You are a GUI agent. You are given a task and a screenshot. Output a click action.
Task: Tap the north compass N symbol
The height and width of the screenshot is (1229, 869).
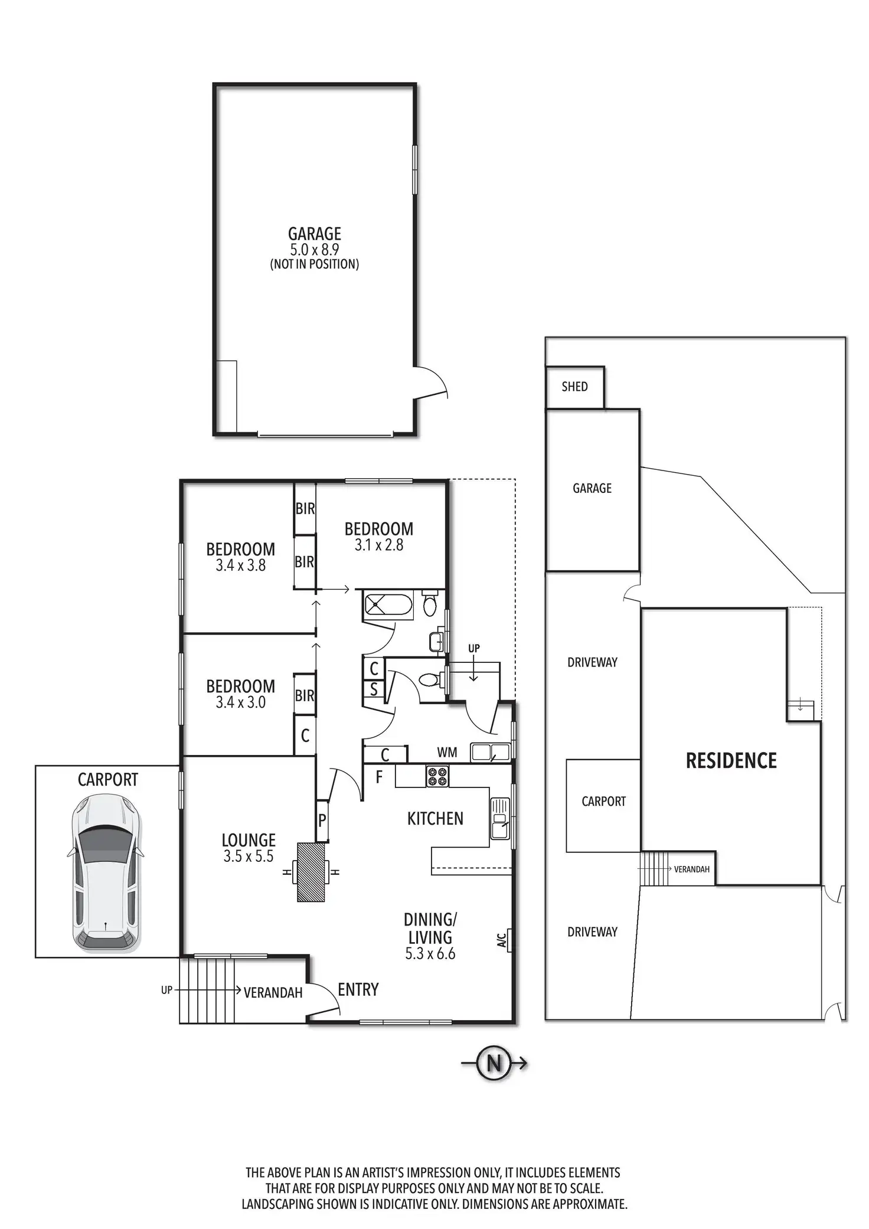494,1063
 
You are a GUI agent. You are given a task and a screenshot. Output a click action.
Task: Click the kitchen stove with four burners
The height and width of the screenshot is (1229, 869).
437,776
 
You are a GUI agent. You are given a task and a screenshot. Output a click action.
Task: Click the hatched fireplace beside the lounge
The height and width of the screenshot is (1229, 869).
311,872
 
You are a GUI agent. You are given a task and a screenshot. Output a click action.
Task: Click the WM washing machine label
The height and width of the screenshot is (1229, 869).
447,752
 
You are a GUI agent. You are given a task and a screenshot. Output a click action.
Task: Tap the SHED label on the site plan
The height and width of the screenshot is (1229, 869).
574,387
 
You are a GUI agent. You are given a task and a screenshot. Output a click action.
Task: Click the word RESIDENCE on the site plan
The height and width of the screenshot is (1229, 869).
731,761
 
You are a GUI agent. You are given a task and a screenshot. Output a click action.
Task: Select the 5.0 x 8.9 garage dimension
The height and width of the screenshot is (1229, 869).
314,250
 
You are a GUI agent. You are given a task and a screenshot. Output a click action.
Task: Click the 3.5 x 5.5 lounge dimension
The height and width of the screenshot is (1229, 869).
248,857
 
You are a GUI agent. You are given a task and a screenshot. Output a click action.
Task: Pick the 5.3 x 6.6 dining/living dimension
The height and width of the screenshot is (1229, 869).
430,953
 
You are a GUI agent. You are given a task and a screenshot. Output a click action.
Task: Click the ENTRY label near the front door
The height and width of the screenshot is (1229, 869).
358,989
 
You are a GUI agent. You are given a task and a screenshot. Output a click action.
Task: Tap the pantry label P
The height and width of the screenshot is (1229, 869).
322,820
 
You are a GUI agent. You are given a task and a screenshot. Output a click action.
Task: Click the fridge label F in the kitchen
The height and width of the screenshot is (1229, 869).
379,777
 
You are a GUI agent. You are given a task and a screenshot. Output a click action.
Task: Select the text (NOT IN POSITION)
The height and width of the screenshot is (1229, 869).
314,264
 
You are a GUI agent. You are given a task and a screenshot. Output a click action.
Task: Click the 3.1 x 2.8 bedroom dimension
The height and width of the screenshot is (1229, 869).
378,545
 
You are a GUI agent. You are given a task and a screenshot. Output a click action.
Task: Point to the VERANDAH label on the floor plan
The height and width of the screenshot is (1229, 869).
273,992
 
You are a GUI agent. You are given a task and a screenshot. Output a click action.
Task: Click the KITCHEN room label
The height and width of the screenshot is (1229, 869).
435,819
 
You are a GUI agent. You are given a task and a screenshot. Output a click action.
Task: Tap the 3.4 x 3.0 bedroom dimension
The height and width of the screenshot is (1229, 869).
240,702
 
